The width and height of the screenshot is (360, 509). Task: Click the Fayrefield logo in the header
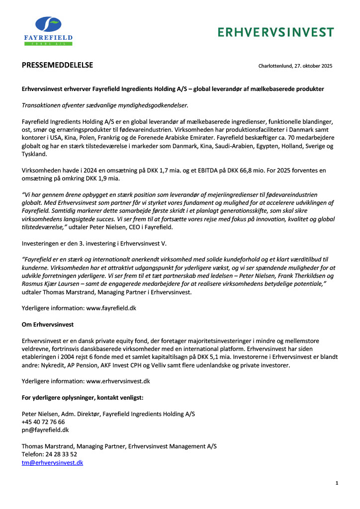coord(48,30)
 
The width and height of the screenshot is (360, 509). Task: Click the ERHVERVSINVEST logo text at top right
coord(276,32)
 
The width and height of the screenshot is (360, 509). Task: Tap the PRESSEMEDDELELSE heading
coord(58,65)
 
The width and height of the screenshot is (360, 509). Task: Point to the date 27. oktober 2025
coord(311,66)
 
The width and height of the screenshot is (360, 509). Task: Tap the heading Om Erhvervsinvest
coord(48,325)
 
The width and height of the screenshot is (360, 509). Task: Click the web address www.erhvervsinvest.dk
coord(118,381)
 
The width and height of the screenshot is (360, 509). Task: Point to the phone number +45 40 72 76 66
coord(43,422)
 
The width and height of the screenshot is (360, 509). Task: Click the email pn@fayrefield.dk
coord(45,429)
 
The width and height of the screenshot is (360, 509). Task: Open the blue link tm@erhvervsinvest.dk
coord(52,462)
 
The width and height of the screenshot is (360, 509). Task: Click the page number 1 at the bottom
coord(337,483)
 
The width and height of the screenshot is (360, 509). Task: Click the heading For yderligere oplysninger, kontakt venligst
coord(83,397)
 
